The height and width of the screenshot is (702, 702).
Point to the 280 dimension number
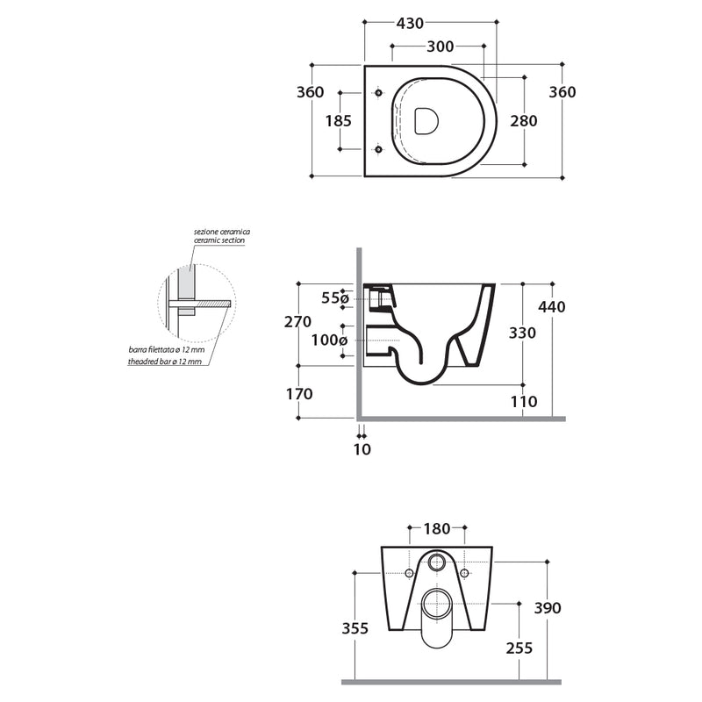(523, 121)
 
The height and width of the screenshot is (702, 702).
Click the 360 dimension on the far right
(562, 92)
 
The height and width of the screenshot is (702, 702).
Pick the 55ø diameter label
(335, 298)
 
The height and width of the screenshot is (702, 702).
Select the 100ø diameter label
(332, 340)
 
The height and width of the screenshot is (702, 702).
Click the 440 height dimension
(552, 307)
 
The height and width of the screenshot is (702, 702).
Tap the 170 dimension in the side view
(299, 394)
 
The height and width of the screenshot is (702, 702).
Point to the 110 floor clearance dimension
(523, 402)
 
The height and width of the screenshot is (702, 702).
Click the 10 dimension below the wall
(362, 449)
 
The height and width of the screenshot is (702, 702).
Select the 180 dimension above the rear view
(436, 528)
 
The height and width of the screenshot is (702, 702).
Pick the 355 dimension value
(355, 628)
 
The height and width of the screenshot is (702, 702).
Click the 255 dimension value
(519, 648)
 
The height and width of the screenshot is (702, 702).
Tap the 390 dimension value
(547, 608)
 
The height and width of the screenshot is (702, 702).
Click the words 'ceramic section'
(219, 240)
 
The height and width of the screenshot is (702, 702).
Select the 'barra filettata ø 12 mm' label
(166, 349)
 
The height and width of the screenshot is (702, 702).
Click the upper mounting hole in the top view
(379, 92)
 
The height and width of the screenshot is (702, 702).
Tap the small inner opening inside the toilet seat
(426, 121)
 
